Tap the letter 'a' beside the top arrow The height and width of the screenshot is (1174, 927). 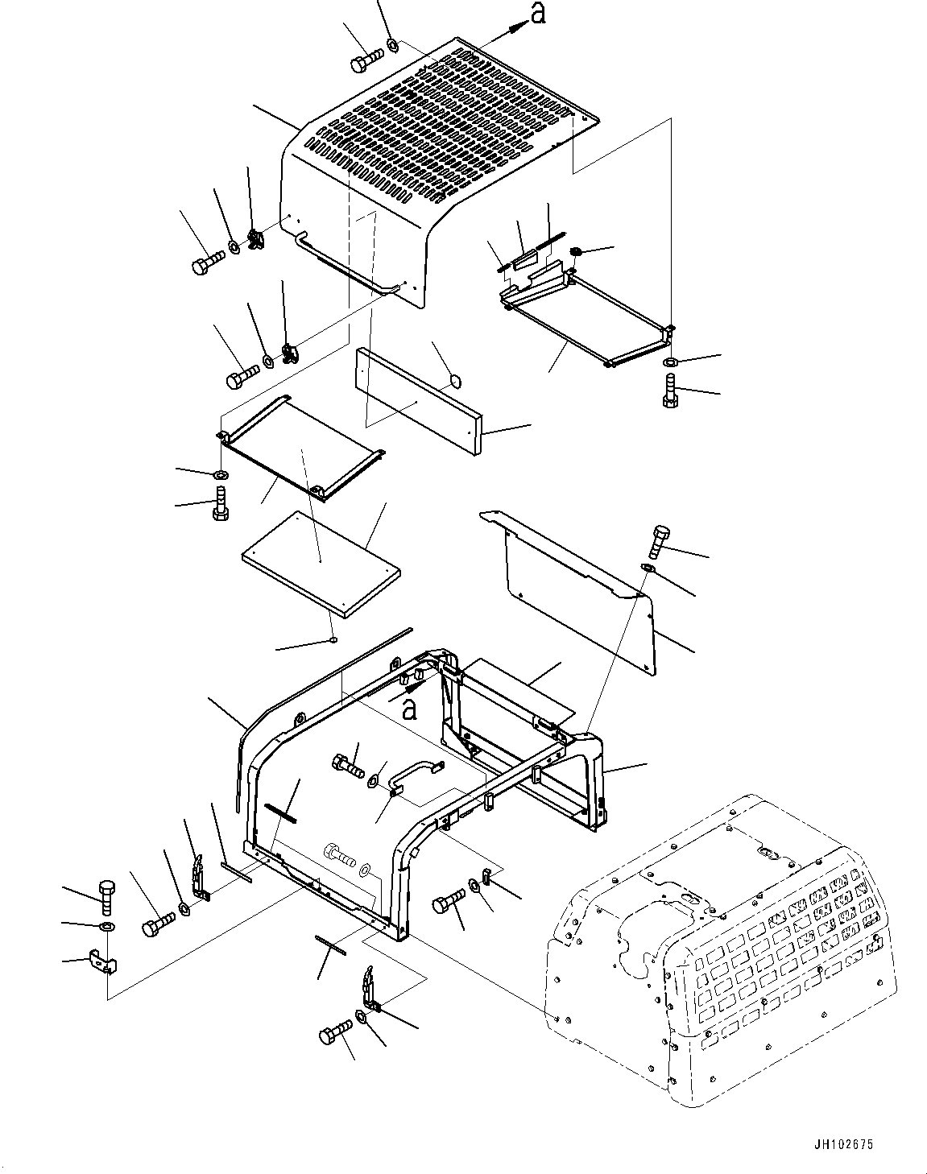pyautogui.click(x=537, y=14)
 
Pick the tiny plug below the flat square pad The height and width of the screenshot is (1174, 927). pyautogui.click(x=333, y=640)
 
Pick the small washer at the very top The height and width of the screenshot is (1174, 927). pyautogui.click(x=392, y=45)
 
